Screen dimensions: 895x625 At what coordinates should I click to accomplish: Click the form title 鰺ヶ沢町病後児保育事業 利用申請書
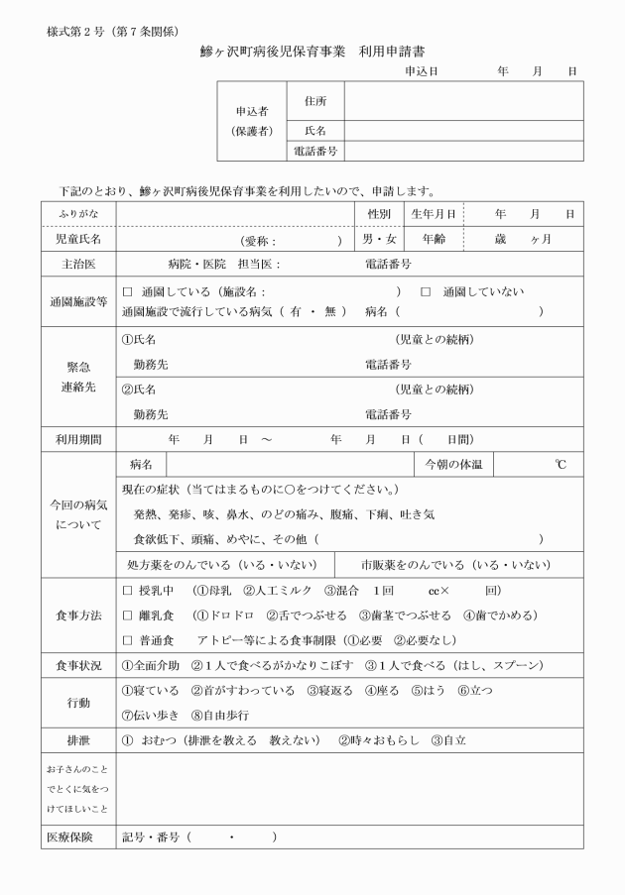click(x=313, y=52)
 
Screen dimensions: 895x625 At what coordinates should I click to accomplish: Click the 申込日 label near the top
click(x=422, y=72)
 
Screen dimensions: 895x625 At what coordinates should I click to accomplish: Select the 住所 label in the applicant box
click(x=315, y=101)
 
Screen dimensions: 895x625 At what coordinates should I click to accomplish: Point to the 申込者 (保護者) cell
click(x=251, y=121)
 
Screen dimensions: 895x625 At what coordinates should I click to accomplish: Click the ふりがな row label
click(x=77, y=214)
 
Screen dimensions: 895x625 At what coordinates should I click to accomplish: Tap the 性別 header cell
click(x=379, y=214)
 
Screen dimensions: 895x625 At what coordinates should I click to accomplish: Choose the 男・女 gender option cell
click(x=379, y=239)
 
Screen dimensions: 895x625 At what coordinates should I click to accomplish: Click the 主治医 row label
click(x=77, y=265)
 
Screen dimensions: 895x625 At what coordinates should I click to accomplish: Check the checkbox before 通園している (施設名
click(x=127, y=292)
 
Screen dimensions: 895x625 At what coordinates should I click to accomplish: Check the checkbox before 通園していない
click(x=426, y=292)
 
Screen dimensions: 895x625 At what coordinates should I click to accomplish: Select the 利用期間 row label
click(x=77, y=439)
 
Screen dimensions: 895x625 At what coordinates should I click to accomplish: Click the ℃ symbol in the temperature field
click(x=561, y=464)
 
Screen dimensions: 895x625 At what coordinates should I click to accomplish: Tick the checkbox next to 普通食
click(x=127, y=640)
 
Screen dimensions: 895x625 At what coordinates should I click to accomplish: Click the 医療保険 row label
click(x=77, y=838)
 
